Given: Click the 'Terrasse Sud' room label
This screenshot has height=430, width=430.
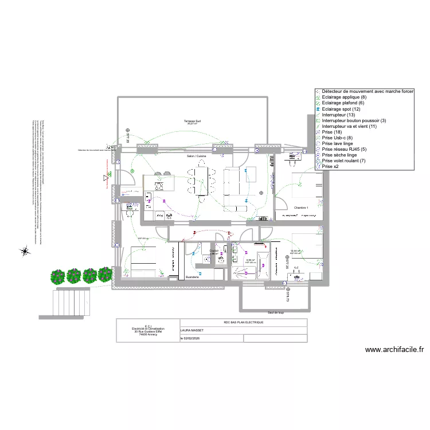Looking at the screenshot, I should [x=193, y=121].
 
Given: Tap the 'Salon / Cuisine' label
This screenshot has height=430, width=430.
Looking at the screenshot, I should [x=196, y=156].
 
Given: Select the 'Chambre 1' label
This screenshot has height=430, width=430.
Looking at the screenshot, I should [x=301, y=207].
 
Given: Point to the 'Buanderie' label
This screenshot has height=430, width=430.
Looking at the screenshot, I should [x=191, y=277].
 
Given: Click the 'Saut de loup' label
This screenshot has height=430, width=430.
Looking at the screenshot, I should [x=276, y=313].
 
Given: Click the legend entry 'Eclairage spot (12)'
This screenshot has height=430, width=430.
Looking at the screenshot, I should [x=341, y=109].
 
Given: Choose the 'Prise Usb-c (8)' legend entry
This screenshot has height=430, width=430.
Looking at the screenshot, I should [x=337, y=138].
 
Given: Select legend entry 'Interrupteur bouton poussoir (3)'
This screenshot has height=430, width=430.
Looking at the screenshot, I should [x=354, y=120].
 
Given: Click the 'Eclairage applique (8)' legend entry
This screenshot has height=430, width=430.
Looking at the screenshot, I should [x=343, y=97].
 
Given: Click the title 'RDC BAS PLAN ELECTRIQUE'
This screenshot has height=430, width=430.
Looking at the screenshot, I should [x=243, y=323].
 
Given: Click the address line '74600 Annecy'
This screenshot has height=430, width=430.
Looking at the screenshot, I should [x=148, y=334].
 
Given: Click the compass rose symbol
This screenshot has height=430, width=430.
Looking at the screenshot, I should [x=25, y=251].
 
